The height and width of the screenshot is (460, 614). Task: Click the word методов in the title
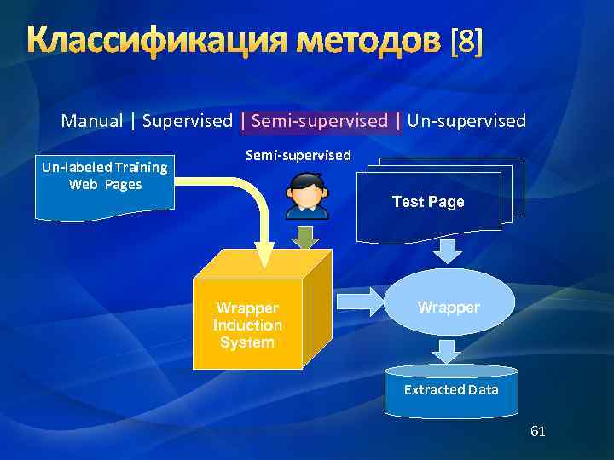point(376,41)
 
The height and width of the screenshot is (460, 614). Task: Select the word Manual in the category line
point(91,121)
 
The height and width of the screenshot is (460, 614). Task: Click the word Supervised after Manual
point(187,121)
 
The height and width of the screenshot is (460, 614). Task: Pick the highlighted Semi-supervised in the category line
point(320,121)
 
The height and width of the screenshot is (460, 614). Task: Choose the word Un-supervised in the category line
point(466,121)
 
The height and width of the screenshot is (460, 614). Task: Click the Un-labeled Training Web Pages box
point(105,185)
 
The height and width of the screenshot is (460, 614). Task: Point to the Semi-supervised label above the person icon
point(298,155)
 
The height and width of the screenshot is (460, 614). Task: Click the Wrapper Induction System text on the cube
point(247,325)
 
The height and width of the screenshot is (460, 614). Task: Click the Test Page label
point(428,202)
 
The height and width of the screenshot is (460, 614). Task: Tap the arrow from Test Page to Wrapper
point(447,250)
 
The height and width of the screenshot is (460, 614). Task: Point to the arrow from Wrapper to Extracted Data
point(446,349)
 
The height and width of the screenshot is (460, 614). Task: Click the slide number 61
point(537,432)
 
